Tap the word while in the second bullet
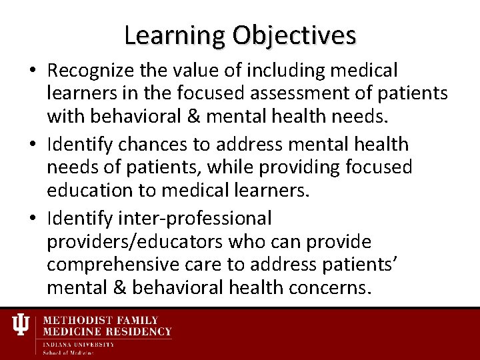pos(273,168)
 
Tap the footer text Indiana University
pos(79,344)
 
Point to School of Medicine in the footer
pos(69,353)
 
